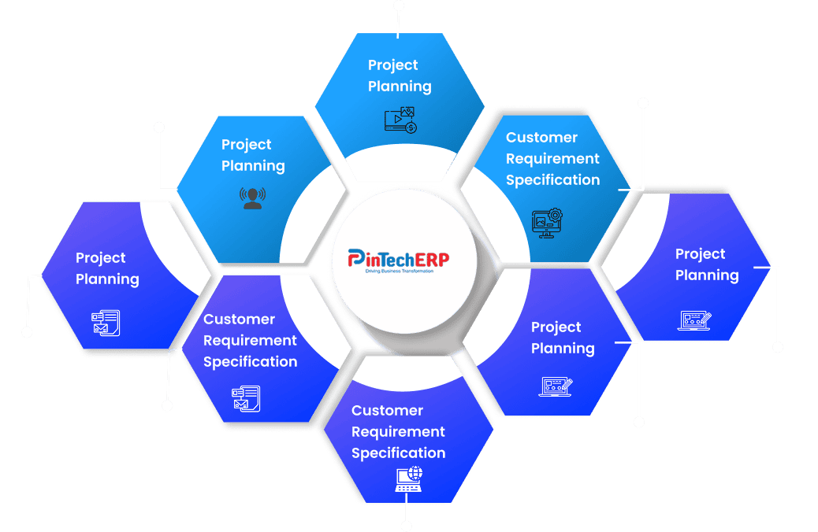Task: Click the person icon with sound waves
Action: point(252,198)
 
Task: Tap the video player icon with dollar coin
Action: point(400,119)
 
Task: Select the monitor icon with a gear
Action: point(546,222)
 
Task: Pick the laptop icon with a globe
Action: point(408,478)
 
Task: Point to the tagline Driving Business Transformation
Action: point(400,271)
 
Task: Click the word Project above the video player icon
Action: point(393,65)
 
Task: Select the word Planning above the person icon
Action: point(253,166)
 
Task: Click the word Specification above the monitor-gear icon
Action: point(552,180)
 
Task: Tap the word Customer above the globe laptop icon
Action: point(387,411)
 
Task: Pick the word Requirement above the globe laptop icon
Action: point(398,432)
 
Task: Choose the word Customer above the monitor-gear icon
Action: point(541,138)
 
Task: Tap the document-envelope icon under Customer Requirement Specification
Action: point(245,398)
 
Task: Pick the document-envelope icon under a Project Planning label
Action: point(106,322)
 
